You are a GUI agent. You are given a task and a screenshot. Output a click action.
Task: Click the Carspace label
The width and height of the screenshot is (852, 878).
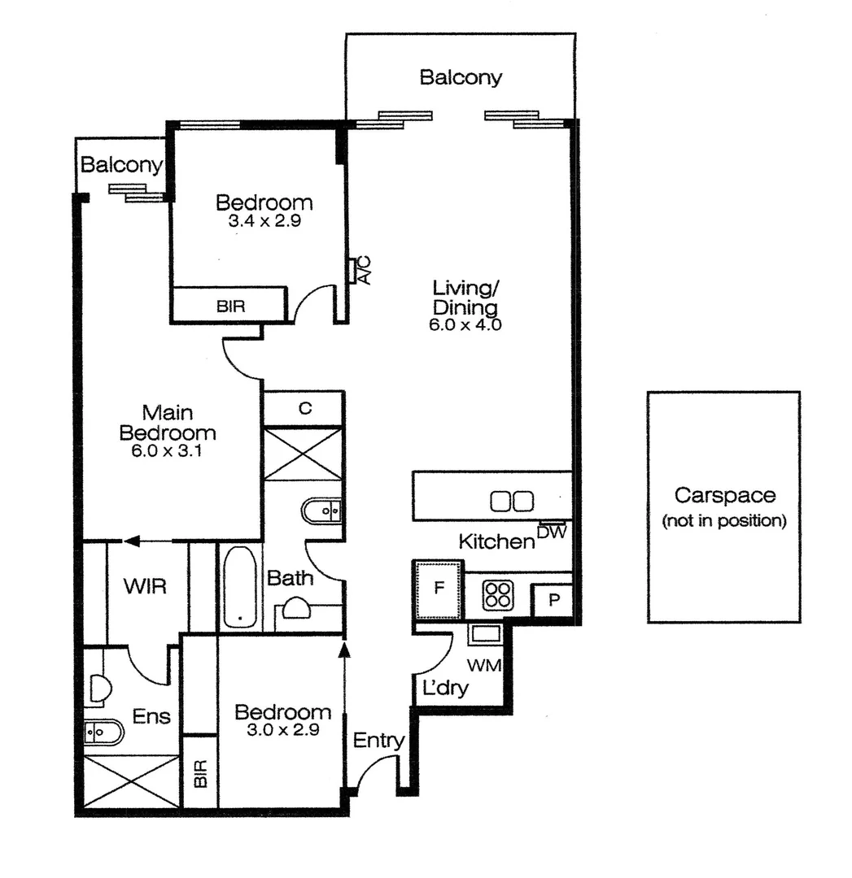coord(724,495)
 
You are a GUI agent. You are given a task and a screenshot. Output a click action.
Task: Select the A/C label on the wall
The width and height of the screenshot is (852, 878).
coord(364,270)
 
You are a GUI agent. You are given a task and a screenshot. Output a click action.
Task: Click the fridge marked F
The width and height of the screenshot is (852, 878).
coord(438,589)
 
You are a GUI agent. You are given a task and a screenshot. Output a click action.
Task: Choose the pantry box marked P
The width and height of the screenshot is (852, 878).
coord(553,601)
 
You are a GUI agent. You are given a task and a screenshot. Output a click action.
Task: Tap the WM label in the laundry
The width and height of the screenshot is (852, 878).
coord(484,666)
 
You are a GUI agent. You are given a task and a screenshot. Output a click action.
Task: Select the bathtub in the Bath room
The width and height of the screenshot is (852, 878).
coord(239,587)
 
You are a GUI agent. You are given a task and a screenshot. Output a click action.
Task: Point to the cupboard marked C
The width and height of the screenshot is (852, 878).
coord(304,409)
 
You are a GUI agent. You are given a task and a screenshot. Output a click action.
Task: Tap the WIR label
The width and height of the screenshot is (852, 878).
coord(146,586)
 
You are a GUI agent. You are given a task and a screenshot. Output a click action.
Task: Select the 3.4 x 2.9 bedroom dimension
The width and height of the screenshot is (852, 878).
coord(264,219)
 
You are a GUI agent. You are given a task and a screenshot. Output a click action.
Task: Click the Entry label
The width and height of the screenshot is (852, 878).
coord(378,741)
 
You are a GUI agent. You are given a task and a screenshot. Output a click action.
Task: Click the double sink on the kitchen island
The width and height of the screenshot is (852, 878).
coord(512,501)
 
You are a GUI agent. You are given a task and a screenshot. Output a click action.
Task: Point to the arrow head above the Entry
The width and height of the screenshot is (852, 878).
coord(344,647)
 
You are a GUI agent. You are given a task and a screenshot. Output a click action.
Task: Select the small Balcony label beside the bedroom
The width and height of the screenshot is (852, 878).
coord(120,165)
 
